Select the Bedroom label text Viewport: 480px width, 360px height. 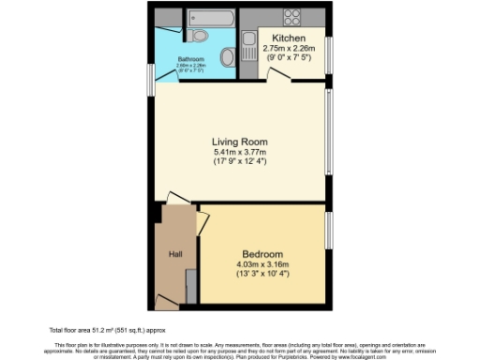point(262,254)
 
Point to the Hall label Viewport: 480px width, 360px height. point(174,254)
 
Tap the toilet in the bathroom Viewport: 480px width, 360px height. point(197,37)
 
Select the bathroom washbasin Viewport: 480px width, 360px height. point(227,58)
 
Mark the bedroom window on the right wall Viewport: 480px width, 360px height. point(329,230)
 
